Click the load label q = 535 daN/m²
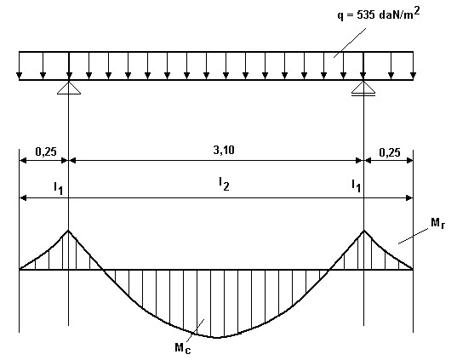pos(379,14)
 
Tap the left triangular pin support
pos(69,88)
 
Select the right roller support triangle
pos(363,88)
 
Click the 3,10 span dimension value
pos(224,150)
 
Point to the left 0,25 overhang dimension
pos(46,151)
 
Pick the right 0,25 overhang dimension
pos(390,152)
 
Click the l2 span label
pos(224,184)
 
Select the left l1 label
pos(58,188)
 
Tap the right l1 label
pos(357,186)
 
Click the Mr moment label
pos(438,223)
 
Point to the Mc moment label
pos(183,348)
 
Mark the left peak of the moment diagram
pos(68,231)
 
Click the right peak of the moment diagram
pos(363,231)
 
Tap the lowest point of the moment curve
pos(217,338)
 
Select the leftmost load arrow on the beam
pos(20,66)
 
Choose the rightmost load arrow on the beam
pos(413,66)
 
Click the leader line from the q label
pos(350,43)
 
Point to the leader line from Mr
pos(414,236)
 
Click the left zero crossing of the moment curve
pos(103,270)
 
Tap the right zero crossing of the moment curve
pos(328,270)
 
